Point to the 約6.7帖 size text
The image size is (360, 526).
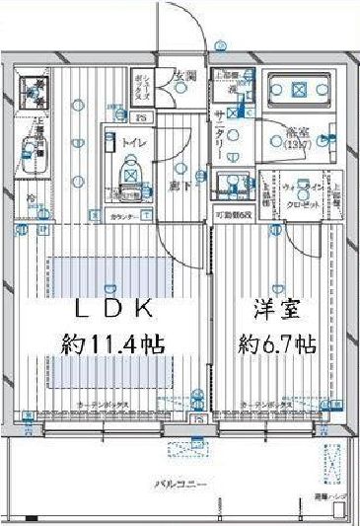click(276, 344)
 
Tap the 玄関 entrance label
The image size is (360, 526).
click(184, 77)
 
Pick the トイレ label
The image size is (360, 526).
click(133, 144)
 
